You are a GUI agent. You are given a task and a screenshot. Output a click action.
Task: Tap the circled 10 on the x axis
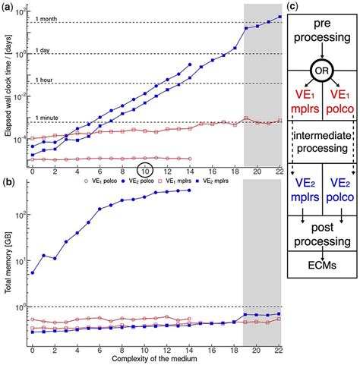coord(145,170)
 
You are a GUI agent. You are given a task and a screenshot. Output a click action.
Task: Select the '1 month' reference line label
coord(52,18)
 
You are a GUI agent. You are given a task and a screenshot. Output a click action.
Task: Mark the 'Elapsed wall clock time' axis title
coord(8,83)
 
